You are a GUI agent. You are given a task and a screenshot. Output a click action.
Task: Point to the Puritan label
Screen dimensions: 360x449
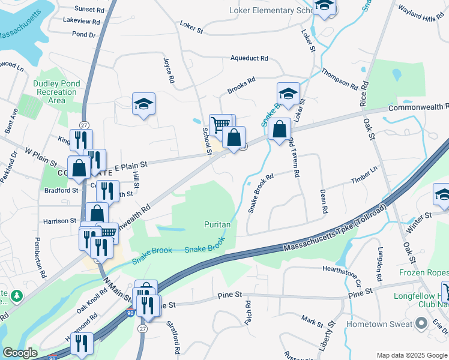[217, 224]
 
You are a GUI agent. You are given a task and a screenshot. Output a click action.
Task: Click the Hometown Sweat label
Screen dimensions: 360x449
[382, 324]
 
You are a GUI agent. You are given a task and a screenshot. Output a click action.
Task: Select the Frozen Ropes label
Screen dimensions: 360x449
[424, 272]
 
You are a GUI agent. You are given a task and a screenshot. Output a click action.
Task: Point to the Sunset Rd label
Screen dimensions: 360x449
[89, 10]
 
